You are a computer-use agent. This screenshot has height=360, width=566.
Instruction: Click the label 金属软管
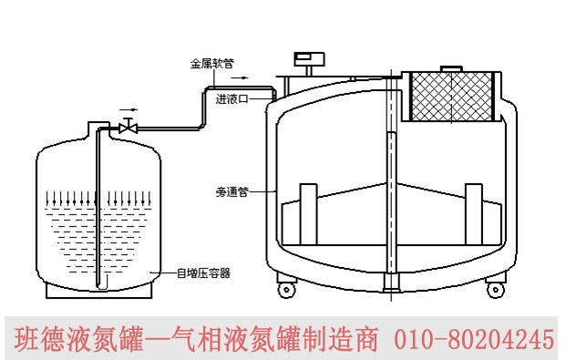[211, 64]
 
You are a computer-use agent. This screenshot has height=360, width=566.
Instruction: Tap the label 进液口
[232, 99]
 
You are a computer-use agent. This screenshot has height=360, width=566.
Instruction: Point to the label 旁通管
[232, 191]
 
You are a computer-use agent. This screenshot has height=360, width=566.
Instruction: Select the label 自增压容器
[203, 273]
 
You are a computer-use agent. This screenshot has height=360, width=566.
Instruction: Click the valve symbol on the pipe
[128, 127]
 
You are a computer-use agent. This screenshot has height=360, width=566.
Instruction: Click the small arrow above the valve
[129, 109]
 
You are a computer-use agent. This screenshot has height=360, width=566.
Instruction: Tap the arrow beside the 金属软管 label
[240, 77]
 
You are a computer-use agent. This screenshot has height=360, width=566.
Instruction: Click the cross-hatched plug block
[452, 97]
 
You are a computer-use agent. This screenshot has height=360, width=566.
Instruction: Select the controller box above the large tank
[309, 59]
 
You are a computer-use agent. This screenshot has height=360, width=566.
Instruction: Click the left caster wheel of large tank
[286, 290]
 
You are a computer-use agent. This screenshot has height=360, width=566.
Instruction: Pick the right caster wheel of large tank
[495, 290]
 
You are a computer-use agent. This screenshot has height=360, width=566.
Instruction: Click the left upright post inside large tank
[309, 214]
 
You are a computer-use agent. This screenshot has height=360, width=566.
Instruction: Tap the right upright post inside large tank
[474, 214]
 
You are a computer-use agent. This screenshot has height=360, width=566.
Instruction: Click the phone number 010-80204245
[474, 339]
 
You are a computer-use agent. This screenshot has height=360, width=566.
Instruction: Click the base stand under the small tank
[98, 291]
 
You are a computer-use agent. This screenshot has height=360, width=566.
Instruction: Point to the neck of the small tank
[99, 129]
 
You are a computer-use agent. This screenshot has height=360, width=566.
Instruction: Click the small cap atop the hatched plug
[451, 69]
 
